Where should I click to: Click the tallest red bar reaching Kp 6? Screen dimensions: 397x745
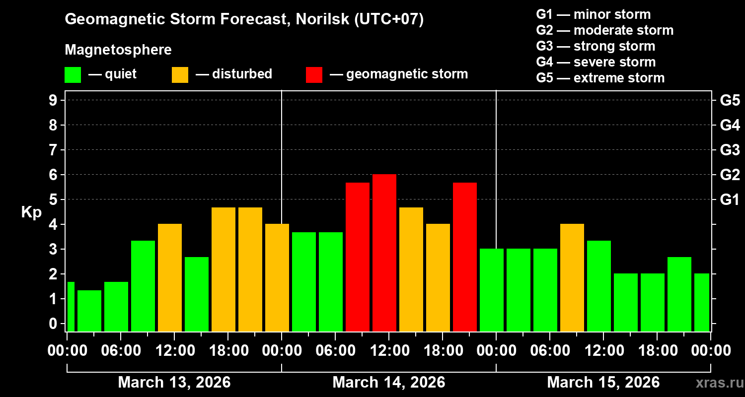tap(384, 253)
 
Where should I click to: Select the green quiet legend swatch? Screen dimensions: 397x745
tap(73, 75)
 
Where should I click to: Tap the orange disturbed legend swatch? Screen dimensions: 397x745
tap(180, 75)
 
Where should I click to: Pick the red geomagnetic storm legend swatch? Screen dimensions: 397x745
tap(314, 75)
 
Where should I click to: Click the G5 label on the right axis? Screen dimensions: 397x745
tap(730, 101)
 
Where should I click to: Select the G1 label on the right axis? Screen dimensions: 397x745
tap(730, 200)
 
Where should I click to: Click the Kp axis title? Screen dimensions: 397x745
tap(31, 212)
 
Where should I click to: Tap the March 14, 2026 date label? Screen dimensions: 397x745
tap(388, 383)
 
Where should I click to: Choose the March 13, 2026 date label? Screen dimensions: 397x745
tap(174, 383)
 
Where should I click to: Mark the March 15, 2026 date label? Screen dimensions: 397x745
tap(603, 383)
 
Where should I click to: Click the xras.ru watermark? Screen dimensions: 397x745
tap(717, 383)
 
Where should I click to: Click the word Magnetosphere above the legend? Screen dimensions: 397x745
tap(118, 50)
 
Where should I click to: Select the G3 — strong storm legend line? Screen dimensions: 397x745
tap(596, 46)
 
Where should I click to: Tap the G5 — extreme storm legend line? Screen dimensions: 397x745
tap(600, 78)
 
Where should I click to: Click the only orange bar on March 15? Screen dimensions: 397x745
tap(572, 277)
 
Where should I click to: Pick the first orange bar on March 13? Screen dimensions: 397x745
tap(170, 277)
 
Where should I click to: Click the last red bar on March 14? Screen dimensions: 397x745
tap(465, 257)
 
